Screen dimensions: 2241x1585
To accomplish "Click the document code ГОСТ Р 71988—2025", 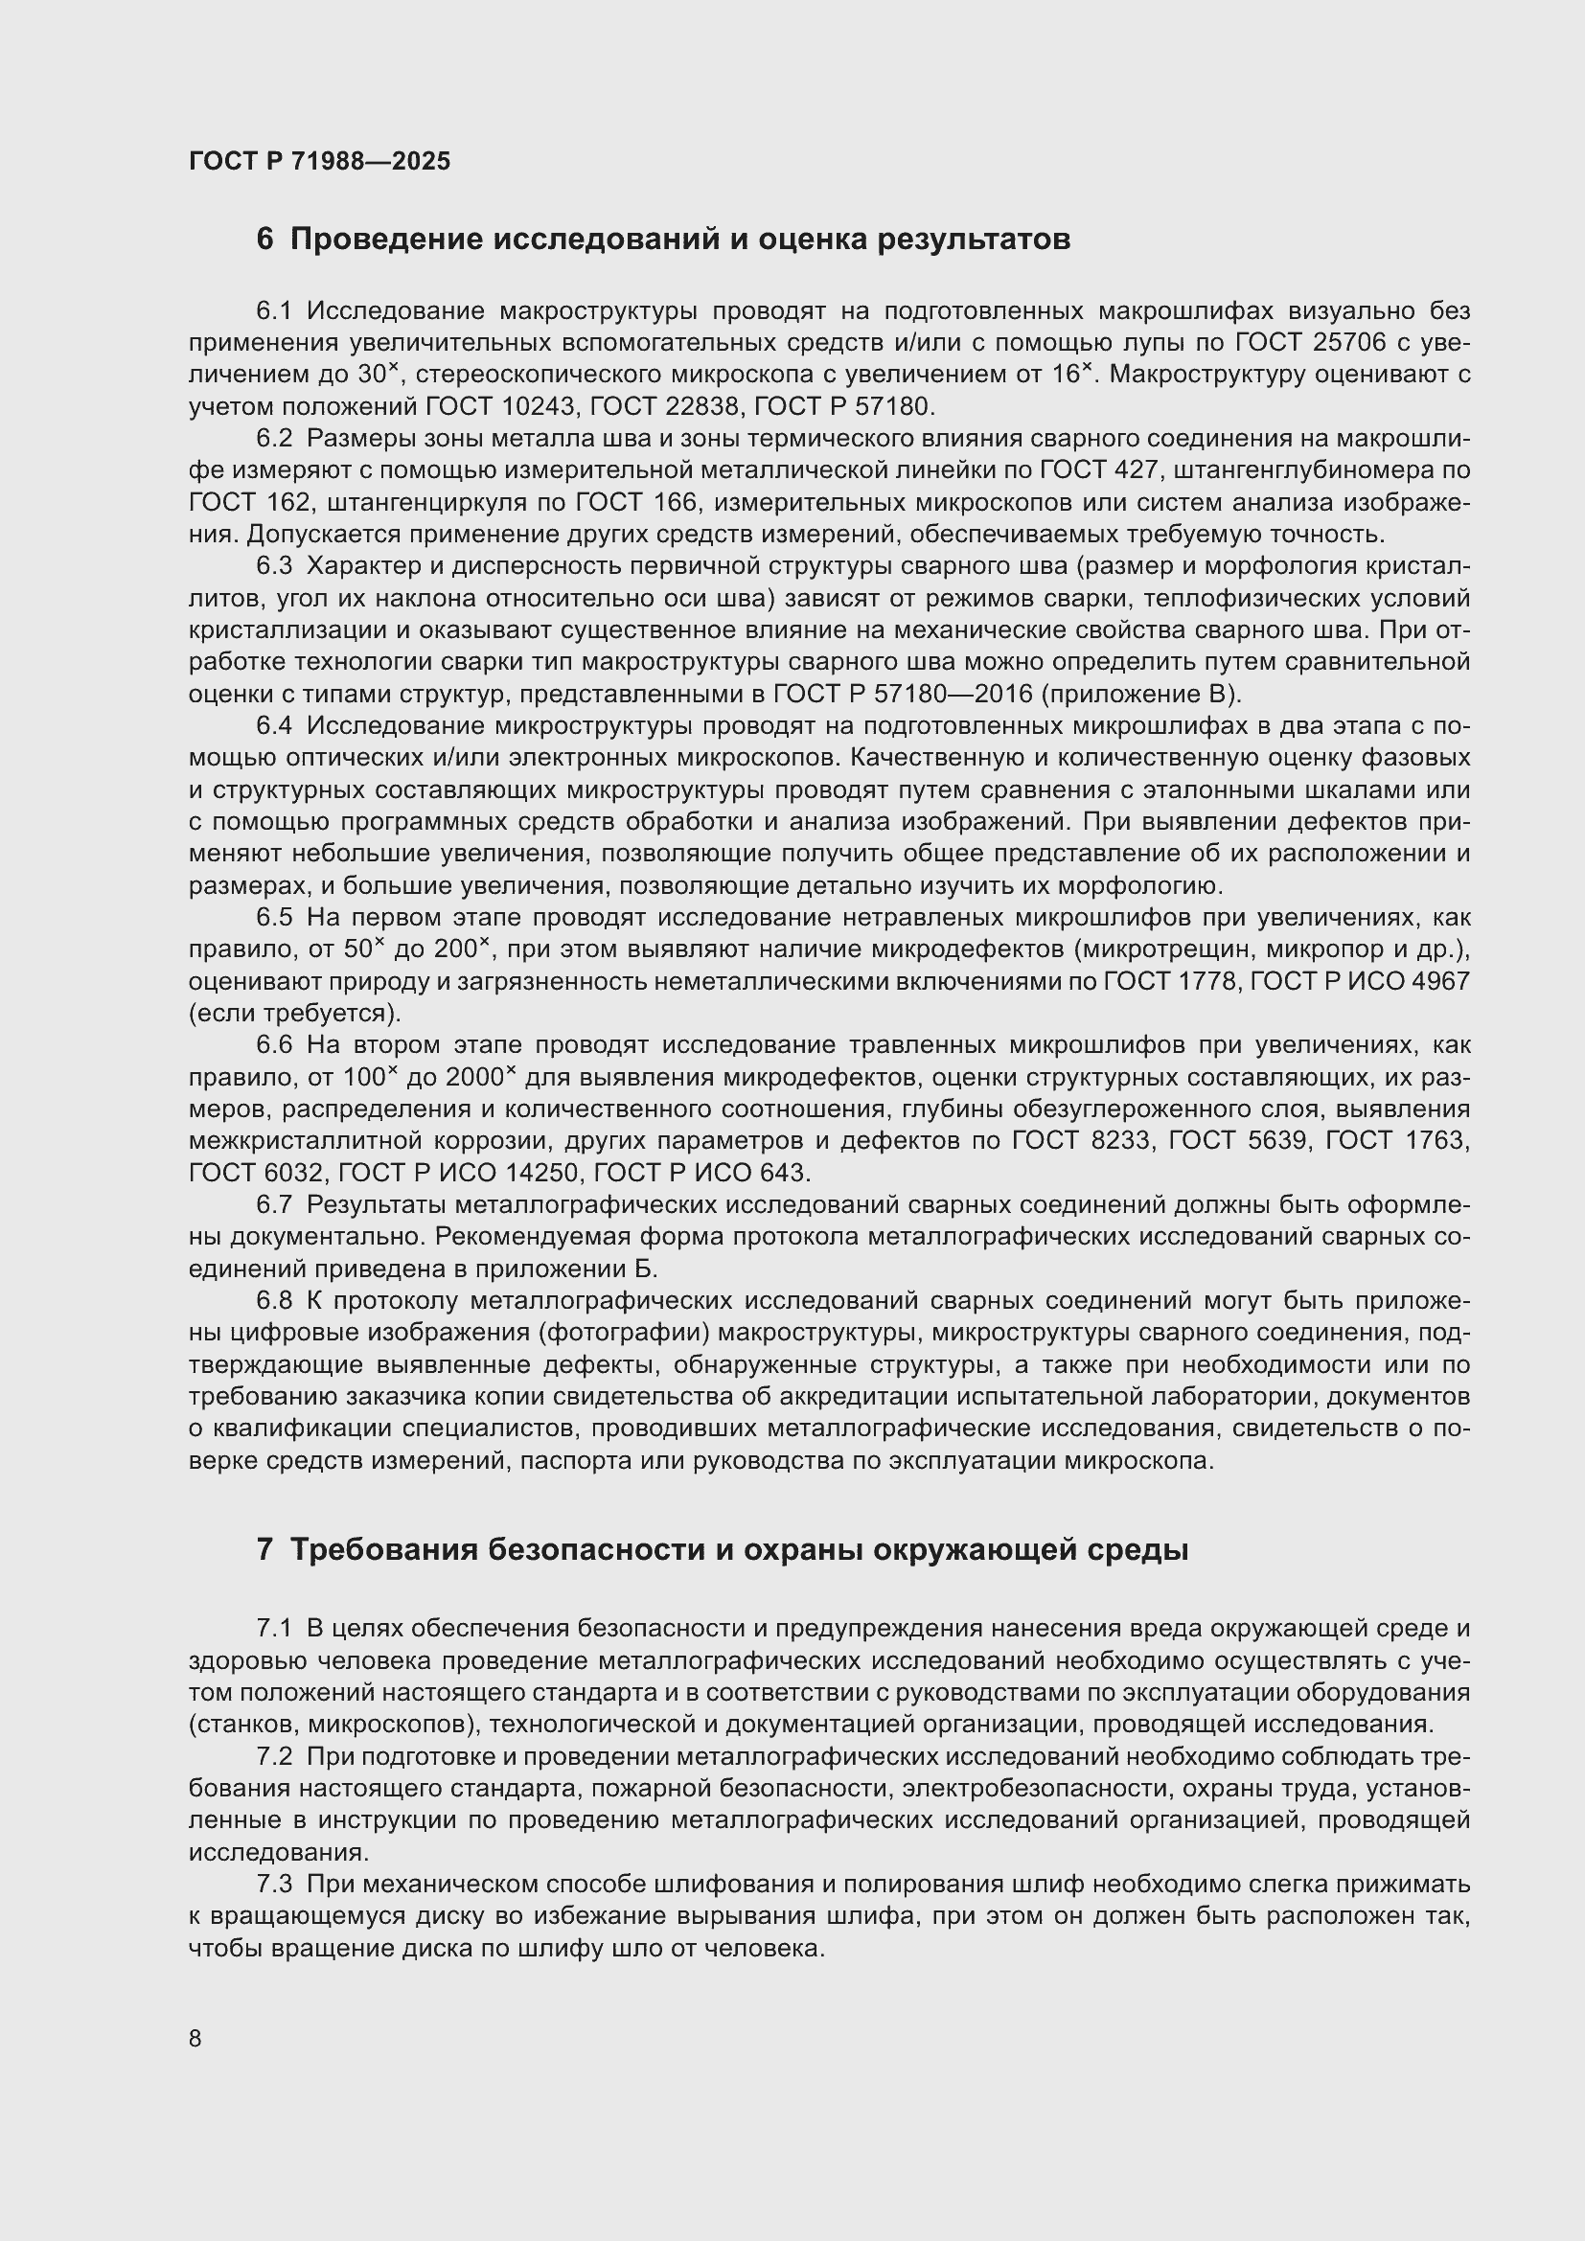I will pos(319,162).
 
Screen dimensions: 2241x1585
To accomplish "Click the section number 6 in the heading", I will pos(264,240).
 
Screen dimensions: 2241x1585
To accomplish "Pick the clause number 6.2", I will pos(274,439).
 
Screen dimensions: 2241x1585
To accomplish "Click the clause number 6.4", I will pos(274,726).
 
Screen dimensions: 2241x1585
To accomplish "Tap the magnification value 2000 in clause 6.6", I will pos(474,1078).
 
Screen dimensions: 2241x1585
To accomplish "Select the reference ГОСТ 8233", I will pos(1081,1141).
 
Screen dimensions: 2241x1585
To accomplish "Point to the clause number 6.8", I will pos(274,1301).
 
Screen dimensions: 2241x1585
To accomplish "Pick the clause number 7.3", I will pos(274,1884).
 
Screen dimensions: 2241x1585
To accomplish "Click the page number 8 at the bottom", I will pos(195,2039).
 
